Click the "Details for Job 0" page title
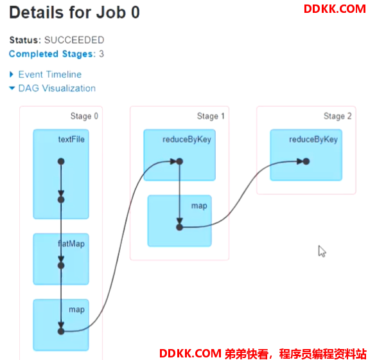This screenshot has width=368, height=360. (x=74, y=12)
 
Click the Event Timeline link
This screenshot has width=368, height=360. (x=49, y=75)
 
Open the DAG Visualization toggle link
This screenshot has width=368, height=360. (x=57, y=88)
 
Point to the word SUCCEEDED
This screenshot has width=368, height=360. (x=74, y=40)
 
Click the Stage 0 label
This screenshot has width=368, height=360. (x=84, y=116)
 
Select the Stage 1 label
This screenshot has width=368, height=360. (x=211, y=116)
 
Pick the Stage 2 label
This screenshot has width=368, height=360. (x=337, y=116)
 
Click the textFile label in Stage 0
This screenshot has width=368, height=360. (x=71, y=139)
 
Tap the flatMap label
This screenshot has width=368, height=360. (x=71, y=244)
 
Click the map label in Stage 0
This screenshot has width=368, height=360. (x=76, y=310)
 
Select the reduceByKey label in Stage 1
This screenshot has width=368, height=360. (x=187, y=139)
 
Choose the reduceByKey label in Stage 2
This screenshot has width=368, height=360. (x=313, y=139)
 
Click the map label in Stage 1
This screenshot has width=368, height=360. (x=199, y=206)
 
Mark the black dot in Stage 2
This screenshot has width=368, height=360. (x=306, y=161)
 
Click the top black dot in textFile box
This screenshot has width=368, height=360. (x=61, y=161)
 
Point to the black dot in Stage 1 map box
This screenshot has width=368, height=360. (x=180, y=227)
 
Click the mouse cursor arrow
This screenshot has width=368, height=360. (x=322, y=251)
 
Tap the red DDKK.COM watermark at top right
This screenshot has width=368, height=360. (x=335, y=9)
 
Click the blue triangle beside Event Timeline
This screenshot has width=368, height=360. (x=12, y=75)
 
